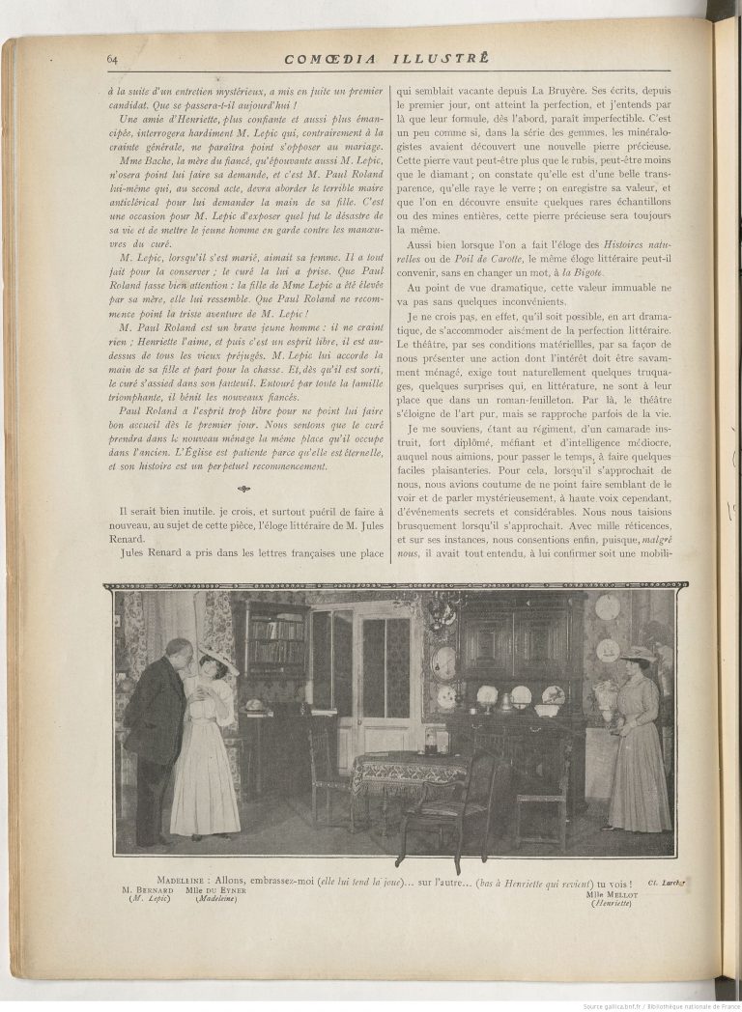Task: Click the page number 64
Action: coord(112,60)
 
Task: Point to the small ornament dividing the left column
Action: coord(243,489)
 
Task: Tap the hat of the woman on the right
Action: coord(638,655)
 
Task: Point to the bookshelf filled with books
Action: coord(275,642)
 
